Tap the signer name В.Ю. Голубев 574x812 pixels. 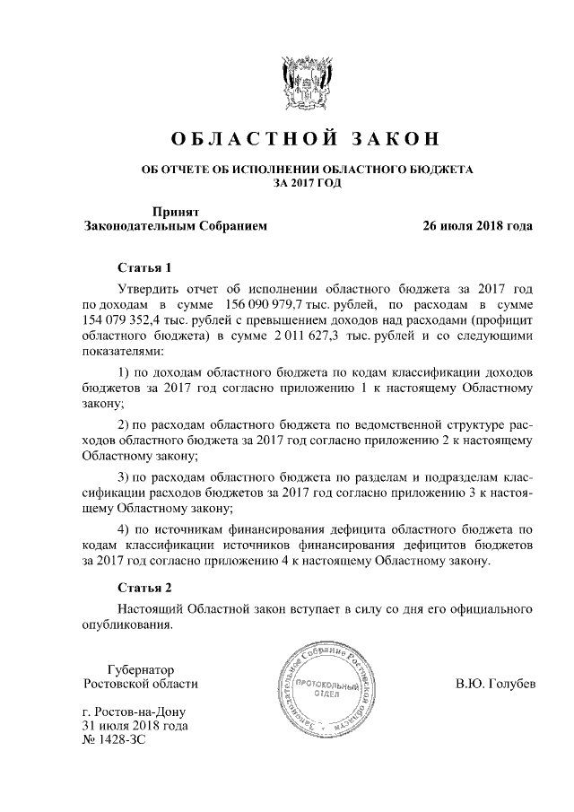click(496, 685)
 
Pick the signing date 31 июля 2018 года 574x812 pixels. click(135, 725)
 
